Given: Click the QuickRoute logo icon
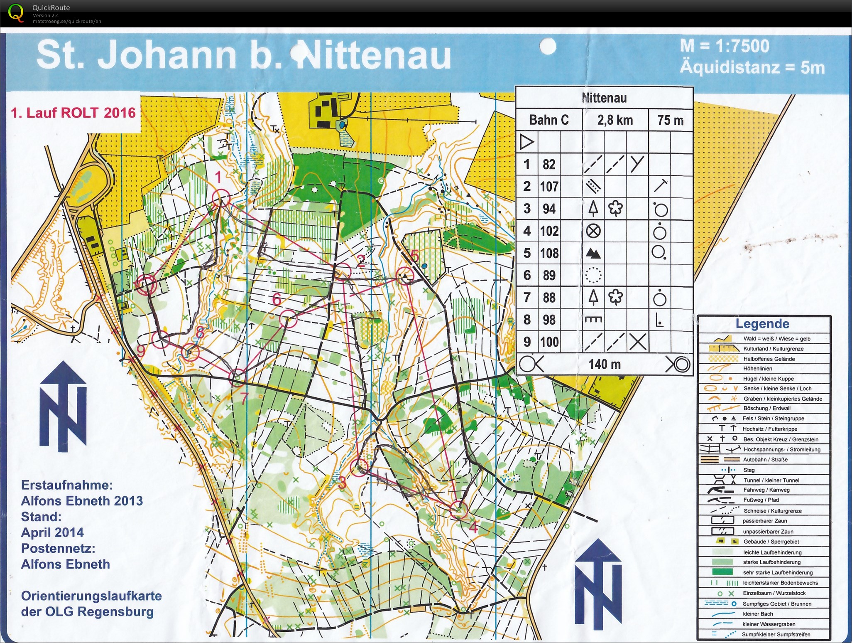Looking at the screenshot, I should pos(16,12).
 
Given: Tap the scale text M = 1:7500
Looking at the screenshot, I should pos(725,46).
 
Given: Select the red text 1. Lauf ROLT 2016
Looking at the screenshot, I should pos(73,113).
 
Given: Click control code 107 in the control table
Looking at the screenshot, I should pos(549,187).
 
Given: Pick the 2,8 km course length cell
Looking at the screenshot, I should pos(615,120).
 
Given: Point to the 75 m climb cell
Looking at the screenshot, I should pos(670,120).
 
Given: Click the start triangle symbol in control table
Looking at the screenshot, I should pos(526,142).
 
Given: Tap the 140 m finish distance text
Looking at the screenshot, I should pos(604,365).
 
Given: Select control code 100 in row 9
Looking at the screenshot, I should pos(549,342).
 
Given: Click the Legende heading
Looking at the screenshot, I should pos(762,323).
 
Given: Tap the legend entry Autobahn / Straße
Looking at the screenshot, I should pos(765,459).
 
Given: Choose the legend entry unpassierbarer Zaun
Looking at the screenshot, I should pos(768,531).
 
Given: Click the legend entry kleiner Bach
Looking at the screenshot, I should pos(758,614).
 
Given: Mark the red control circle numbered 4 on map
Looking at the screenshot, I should pos(459,510).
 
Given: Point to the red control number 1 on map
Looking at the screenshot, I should pos(218,177).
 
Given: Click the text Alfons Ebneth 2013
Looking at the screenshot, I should pos(82,501).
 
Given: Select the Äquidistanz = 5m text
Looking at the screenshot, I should pos(752,67).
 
